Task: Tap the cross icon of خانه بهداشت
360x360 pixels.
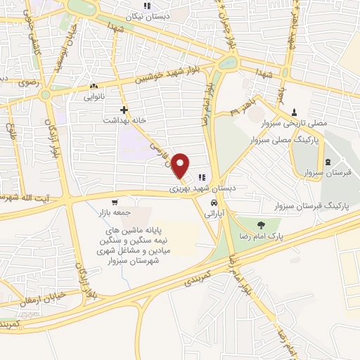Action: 124,110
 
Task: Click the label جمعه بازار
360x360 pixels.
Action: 115,213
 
